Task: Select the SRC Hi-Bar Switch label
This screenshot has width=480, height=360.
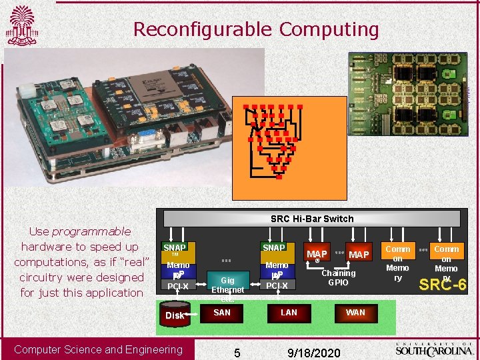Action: click(312, 219)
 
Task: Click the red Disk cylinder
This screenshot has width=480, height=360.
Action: click(175, 313)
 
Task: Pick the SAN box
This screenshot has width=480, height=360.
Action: click(221, 312)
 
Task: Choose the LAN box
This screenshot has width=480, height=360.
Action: click(289, 312)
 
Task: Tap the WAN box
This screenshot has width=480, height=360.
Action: click(355, 312)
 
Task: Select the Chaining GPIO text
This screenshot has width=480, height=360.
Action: click(339, 277)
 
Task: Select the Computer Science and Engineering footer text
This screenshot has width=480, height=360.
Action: click(98, 349)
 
